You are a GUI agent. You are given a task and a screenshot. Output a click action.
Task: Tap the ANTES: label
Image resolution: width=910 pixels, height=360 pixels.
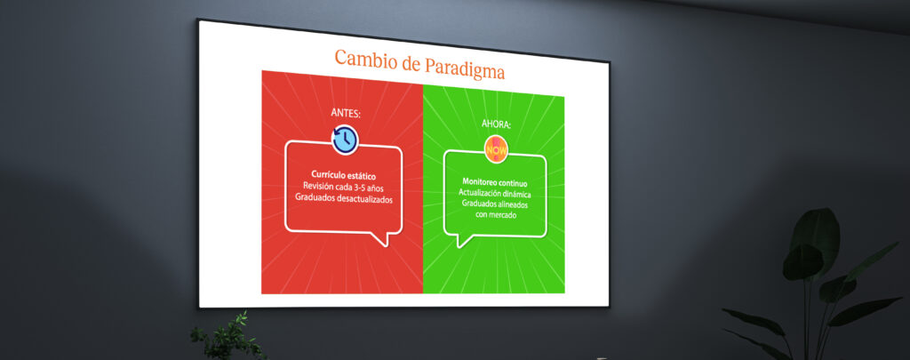coord(346,114)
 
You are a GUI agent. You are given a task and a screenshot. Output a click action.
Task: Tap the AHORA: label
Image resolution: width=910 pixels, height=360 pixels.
coord(497,124)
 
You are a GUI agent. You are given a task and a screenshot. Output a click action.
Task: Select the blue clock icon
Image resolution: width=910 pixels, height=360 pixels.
coord(346,140)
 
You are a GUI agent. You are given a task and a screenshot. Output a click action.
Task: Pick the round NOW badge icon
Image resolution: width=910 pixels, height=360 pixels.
coord(496,149)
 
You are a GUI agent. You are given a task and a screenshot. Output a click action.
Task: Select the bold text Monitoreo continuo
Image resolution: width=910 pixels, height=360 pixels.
coord(496,181)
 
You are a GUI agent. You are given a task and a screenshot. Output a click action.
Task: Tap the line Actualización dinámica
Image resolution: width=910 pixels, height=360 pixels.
coord(495,193)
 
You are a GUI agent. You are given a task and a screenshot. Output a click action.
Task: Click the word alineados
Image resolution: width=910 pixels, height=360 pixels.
coord(512,204)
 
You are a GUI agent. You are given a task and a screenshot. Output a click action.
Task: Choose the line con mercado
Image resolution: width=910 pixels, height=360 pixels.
coord(495,215)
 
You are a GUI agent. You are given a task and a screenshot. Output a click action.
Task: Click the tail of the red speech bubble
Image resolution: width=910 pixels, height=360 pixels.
coord(380,239)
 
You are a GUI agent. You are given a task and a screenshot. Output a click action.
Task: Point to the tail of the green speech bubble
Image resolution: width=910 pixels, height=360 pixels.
coord(463,240)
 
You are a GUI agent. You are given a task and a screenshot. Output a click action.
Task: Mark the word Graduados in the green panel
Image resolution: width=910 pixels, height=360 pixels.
coord(477,204)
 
